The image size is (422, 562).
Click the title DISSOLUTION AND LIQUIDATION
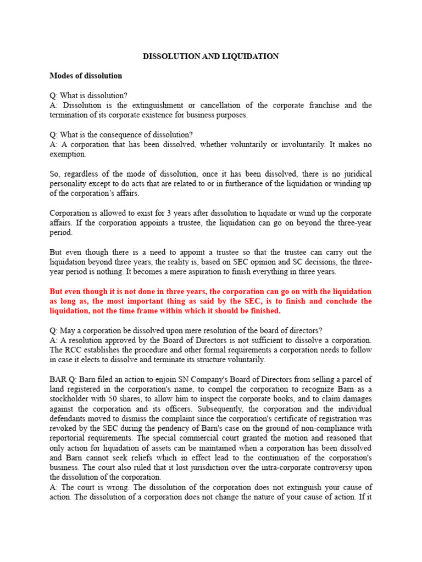tap(211, 57)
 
